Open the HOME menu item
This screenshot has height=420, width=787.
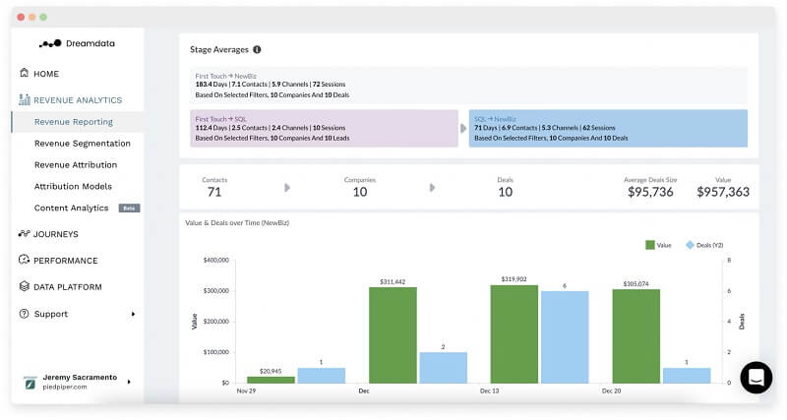coord(45,74)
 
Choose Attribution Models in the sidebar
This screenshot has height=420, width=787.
coord(73,187)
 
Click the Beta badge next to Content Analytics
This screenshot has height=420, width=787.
coord(129,209)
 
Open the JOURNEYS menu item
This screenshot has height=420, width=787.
coord(55,234)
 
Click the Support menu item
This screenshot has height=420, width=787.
coord(50,314)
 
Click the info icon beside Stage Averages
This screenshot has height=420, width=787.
coord(257,49)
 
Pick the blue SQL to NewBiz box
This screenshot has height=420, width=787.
coord(607,128)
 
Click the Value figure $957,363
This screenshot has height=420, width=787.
coord(723,192)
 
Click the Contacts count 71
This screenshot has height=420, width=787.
coord(214,192)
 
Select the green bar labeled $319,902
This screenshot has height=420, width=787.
coord(515,333)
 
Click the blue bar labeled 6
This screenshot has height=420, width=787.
coord(565,336)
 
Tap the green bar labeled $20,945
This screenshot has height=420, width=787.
coord(271,379)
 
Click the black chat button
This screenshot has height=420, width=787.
coord(756,378)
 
